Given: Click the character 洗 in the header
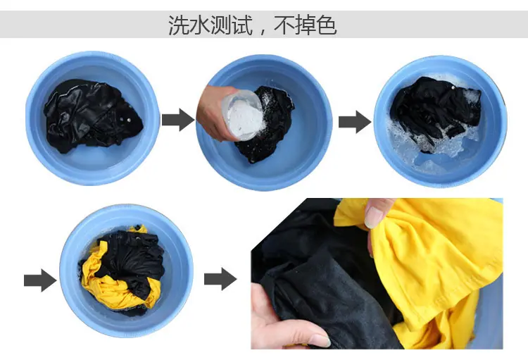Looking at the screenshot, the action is click(x=179, y=25).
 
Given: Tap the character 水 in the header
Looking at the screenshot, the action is click(x=200, y=25).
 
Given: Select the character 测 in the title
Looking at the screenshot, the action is click(x=221, y=25).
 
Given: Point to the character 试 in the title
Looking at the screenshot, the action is click(x=242, y=25).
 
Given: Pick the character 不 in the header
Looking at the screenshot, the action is click(x=284, y=25).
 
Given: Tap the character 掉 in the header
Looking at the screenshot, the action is click(x=306, y=25).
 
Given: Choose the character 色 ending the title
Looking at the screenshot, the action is click(x=327, y=25).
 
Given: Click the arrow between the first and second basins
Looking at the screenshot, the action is click(x=178, y=120).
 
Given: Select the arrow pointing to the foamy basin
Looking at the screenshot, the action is click(x=355, y=122).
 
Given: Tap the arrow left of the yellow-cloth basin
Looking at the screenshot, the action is click(x=40, y=280).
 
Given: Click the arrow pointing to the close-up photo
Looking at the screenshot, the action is click(x=220, y=279).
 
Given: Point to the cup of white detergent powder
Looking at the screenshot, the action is click(x=243, y=116).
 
